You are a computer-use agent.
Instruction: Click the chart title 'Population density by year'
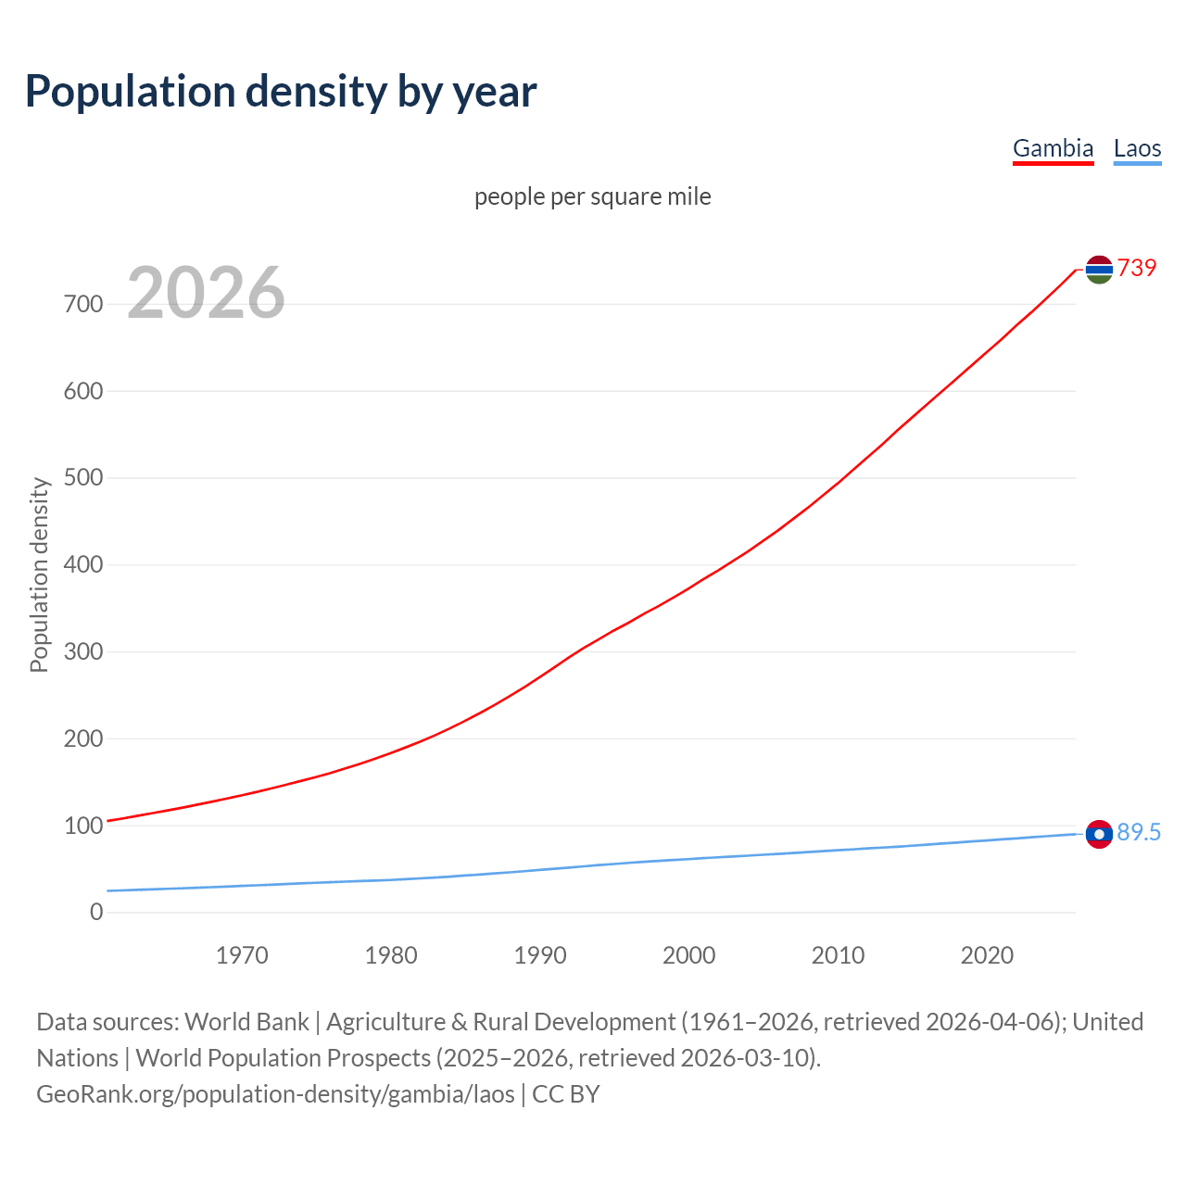pos(281,92)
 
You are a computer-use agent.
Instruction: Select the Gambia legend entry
pos(1053,148)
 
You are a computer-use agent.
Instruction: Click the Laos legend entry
pos(1137,148)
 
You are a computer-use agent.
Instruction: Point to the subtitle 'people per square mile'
pos(592,197)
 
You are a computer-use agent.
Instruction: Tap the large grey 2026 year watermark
pos(206,293)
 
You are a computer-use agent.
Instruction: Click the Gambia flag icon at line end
pos(1099,269)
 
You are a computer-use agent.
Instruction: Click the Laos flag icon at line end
pos(1099,834)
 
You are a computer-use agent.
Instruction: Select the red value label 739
pos(1137,268)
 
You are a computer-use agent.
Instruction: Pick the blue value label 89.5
pos(1139,833)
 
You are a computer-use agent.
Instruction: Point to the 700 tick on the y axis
pos(83,304)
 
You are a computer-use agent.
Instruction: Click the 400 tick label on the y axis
pos(83,564)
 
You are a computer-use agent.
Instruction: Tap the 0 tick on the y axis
pos(96,912)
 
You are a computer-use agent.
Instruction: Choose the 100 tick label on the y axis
pos(83,826)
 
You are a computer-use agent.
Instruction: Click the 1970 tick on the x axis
pos(242,955)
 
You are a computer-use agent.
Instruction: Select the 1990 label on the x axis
pos(540,955)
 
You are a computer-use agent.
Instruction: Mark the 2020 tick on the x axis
pos(987,955)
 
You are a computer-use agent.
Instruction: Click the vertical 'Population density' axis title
pos(39,574)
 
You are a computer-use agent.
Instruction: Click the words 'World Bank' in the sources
pos(246,1022)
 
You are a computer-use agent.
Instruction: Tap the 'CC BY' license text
pos(566,1094)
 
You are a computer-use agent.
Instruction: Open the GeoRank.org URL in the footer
pos(275,1094)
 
